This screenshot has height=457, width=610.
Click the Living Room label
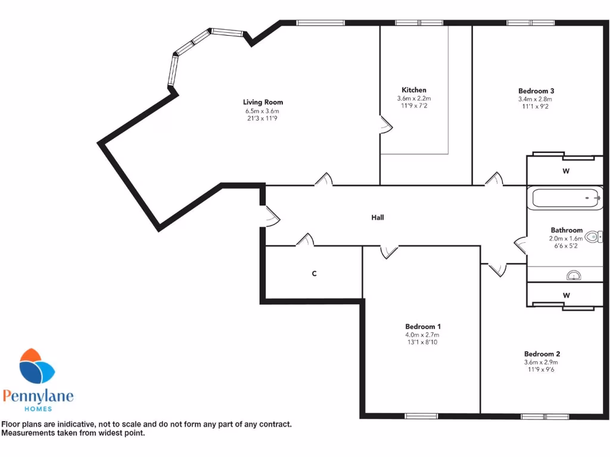pyautogui.click(x=263, y=102)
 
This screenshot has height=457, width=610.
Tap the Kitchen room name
pyautogui.click(x=414, y=90)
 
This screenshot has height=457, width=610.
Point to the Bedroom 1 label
pyautogui.click(x=423, y=327)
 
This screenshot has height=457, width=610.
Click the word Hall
pyautogui.click(x=378, y=218)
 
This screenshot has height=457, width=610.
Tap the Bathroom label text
pyautogui.click(x=566, y=230)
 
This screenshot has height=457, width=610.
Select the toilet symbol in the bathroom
pyautogui.click(x=593, y=237)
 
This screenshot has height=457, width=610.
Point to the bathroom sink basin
pyautogui.click(x=574, y=275)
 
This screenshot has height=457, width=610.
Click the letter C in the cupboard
pyautogui.click(x=314, y=274)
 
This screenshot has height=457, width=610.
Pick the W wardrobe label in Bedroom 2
pyautogui.click(x=566, y=295)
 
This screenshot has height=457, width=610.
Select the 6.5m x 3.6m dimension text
pyautogui.click(x=263, y=111)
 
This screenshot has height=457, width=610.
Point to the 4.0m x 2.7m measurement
pyautogui.click(x=423, y=334)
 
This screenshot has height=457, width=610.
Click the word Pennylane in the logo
pyautogui.click(x=38, y=396)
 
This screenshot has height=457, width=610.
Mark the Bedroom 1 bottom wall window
pyautogui.click(x=422, y=415)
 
